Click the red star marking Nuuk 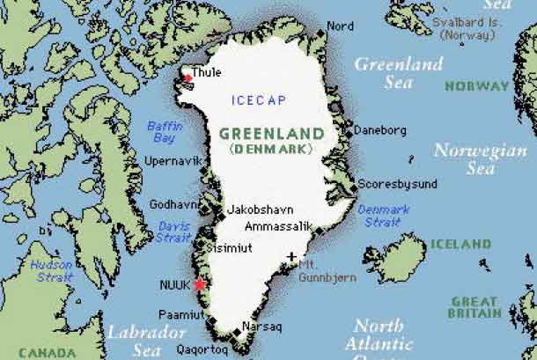click(x=200, y=284)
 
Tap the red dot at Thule click(x=187, y=79)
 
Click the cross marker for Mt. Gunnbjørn click(x=291, y=257)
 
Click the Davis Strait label click(x=173, y=231)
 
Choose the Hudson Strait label click(x=51, y=269)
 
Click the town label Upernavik click(x=175, y=161)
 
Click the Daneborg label click(x=380, y=130)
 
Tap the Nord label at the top click(x=340, y=26)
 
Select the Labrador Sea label click(x=147, y=341)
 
